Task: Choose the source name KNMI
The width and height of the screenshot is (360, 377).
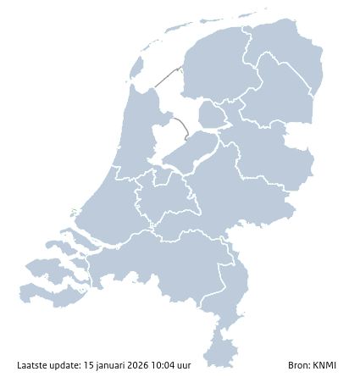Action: tap(324, 365)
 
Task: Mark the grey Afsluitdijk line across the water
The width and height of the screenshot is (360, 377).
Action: tap(168, 75)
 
